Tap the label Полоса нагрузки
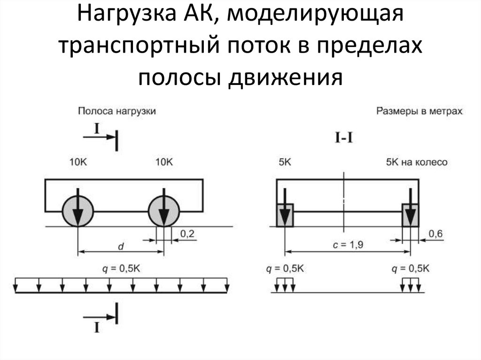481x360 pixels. [x=116, y=111]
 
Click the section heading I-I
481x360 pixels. [x=344, y=139]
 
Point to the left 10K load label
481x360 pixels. [x=78, y=162]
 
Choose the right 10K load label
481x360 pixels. [x=164, y=162]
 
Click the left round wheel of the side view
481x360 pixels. [x=78, y=212]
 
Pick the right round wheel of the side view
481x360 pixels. [x=164, y=212]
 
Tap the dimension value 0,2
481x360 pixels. [x=187, y=233]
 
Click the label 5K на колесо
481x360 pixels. [x=416, y=162]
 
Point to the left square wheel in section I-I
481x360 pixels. [x=284, y=215]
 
